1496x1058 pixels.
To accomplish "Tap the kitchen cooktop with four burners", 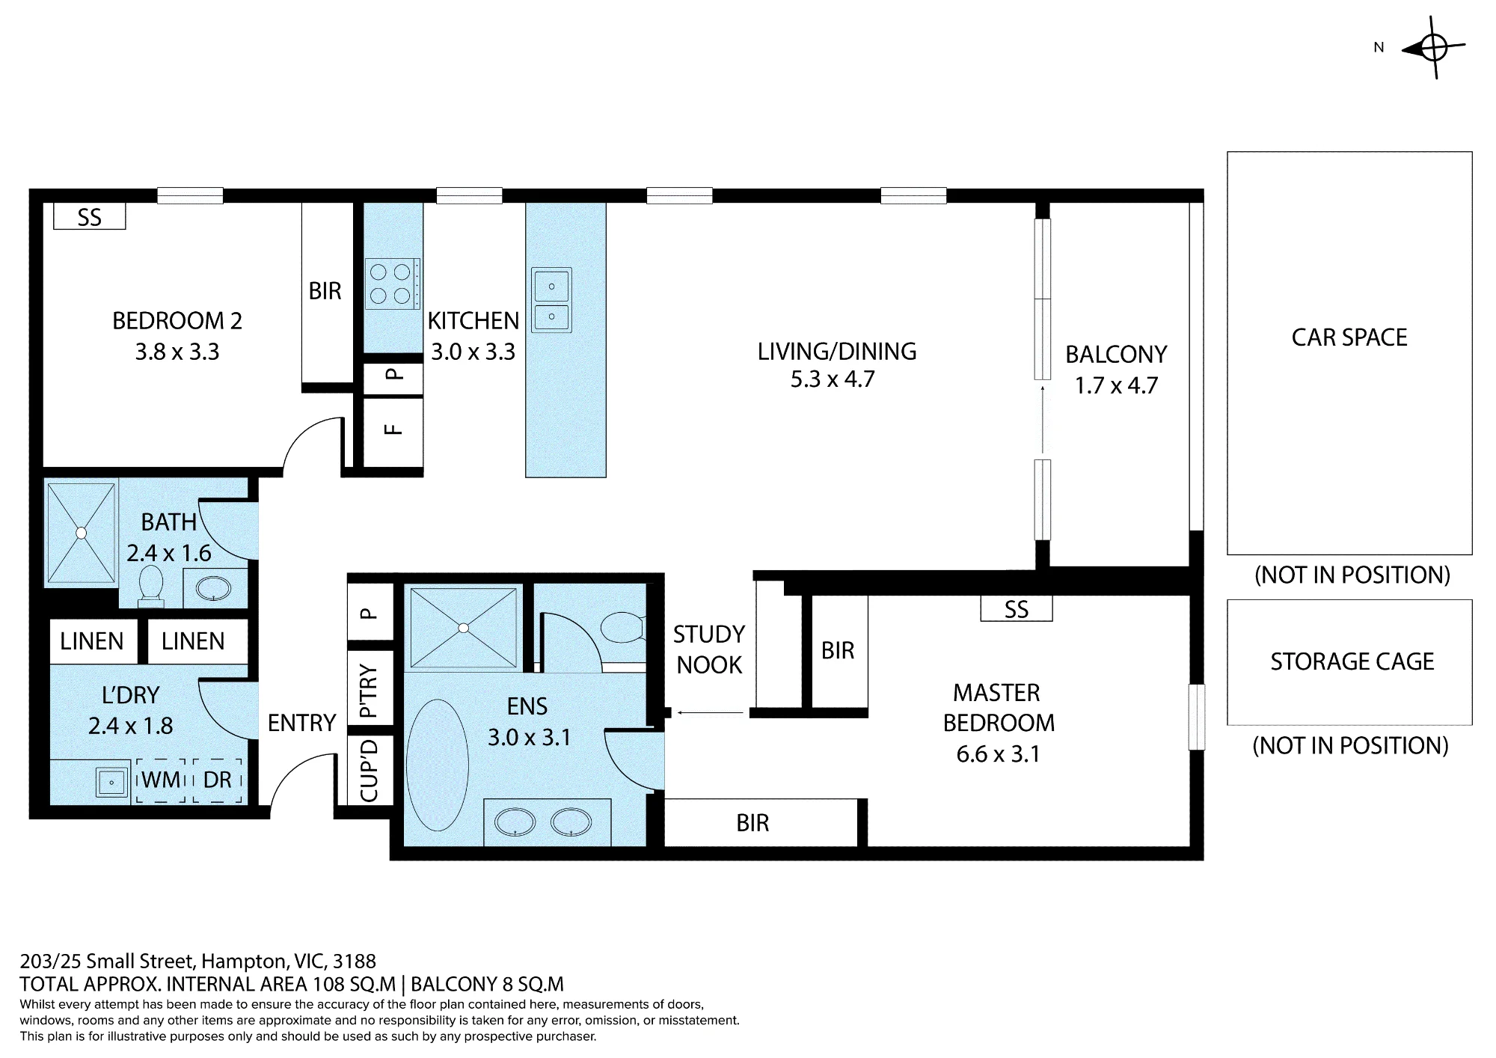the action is [x=393, y=284].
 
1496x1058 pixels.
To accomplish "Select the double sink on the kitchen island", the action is [x=551, y=300].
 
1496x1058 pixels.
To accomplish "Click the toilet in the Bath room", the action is [x=151, y=586].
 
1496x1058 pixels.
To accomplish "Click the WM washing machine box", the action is [x=160, y=780].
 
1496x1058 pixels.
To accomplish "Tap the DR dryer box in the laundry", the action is [x=218, y=780].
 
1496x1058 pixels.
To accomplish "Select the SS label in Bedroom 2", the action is [x=89, y=218].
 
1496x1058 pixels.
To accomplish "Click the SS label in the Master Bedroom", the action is [x=1017, y=609].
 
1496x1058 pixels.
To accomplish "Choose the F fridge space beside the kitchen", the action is [x=393, y=429].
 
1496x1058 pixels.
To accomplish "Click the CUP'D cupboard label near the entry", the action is [x=370, y=769].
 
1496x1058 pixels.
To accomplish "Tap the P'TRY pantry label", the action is [x=370, y=691].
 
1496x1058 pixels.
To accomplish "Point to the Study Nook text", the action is [x=709, y=649].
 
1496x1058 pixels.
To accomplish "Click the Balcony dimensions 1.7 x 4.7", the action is [x=1116, y=385].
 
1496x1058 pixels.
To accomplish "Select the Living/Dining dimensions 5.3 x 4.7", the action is [x=833, y=379].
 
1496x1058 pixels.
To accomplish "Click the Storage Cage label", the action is [x=1352, y=661].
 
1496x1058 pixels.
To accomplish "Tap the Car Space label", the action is [x=1349, y=337].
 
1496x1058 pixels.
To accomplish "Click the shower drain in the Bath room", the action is [x=81, y=533].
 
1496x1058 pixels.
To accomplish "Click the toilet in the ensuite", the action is [x=622, y=628].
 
